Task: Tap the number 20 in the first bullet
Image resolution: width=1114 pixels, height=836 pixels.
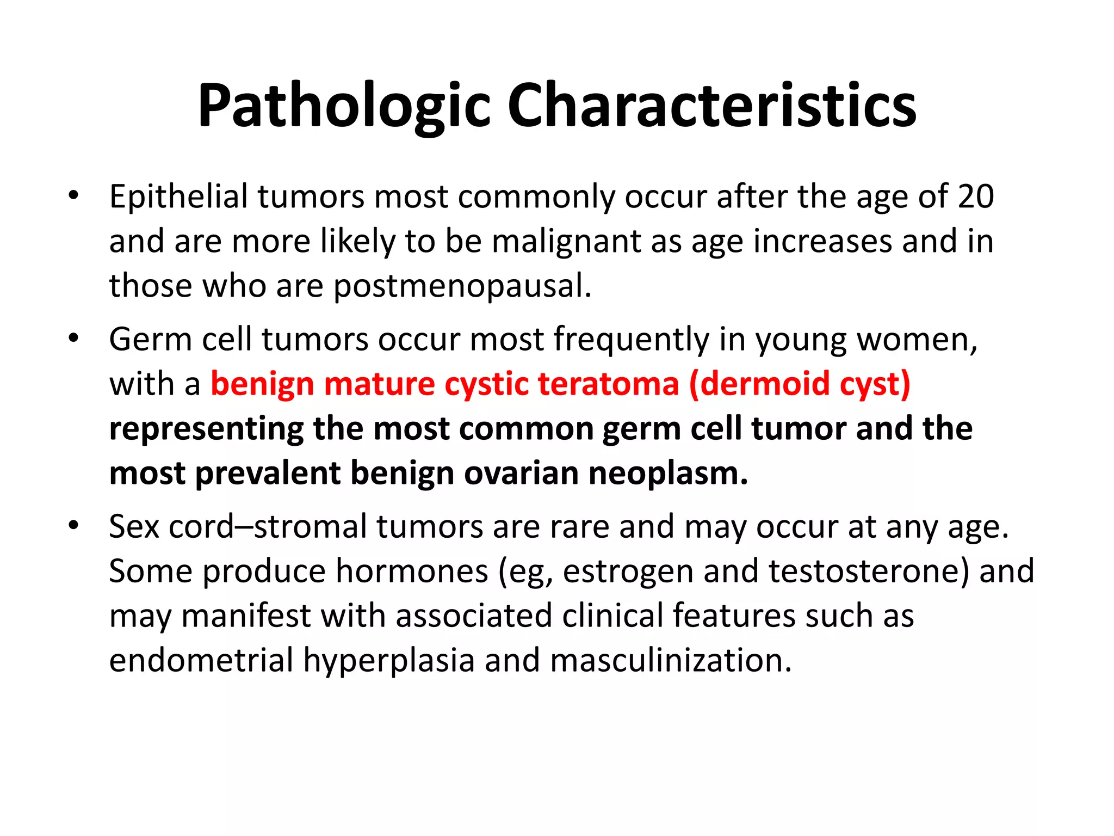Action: coord(976,196)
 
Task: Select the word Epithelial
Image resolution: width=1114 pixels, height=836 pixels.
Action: coord(178,196)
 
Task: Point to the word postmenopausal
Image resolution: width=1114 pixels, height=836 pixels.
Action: coord(462,287)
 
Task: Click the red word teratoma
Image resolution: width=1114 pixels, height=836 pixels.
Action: coord(609,384)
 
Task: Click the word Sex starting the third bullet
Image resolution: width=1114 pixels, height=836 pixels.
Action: coord(134,527)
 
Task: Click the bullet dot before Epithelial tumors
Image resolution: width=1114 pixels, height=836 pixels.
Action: coord(74,195)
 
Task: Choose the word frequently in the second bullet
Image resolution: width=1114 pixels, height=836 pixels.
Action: coord(632,340)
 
